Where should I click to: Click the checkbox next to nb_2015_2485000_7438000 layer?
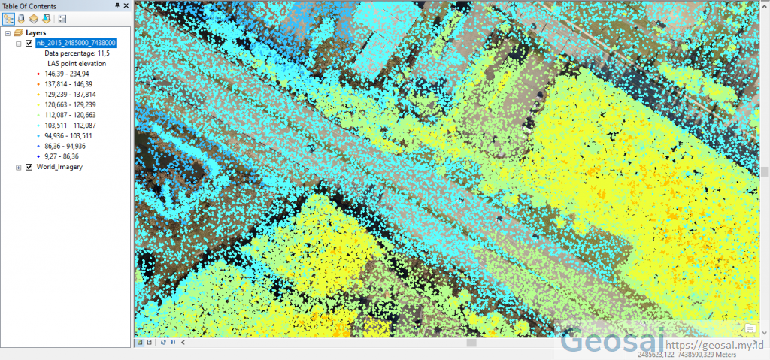[29, 44]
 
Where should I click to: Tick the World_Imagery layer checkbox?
[29, 167]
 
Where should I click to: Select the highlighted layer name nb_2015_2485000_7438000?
[76, 44]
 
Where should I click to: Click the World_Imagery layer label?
[59, 167]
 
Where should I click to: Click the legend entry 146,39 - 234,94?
[67, 74]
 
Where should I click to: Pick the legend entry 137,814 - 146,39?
[67, 84]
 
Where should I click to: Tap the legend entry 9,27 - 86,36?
[63, 156]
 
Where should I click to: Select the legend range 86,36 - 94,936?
[65, 146]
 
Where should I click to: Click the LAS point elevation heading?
[77, 64]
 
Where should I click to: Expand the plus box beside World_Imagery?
[19, 167]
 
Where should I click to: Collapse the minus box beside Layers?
[8, 33]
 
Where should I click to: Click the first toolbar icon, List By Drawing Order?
[8, 18]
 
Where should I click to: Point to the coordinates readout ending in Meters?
[686, 354]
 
